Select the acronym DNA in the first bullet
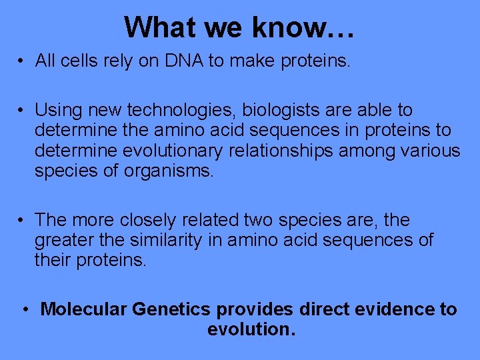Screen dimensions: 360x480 tap(181, 61)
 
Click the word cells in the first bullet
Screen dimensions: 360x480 tap(80, 61)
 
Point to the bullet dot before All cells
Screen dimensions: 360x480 tap(22, 62)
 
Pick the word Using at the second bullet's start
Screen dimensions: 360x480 tap(56, 110)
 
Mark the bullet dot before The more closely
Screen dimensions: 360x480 tap(22, 221)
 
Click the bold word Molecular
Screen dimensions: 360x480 tap(84, 309)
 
